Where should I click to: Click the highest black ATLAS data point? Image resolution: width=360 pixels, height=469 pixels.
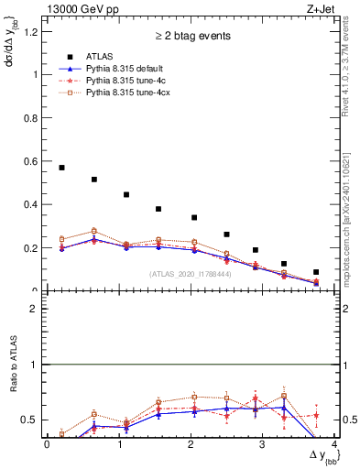click(x=61, y=168)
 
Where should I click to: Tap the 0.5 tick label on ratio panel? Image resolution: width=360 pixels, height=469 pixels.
click(x=32, y=420)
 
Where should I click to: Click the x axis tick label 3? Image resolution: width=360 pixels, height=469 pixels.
click(x=263, y=444)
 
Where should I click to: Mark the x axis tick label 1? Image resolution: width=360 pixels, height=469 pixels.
click(x=118, y=444)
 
